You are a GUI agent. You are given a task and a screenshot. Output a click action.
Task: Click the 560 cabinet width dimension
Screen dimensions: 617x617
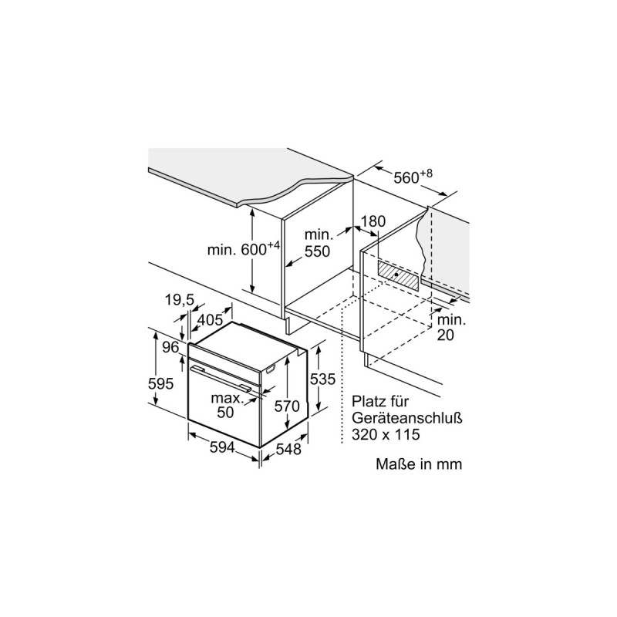pos(413,177)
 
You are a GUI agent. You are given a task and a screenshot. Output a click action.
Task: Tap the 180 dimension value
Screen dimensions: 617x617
pos(373,221)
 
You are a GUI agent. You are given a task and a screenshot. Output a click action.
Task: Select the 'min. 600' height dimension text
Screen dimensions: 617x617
pos(244,249)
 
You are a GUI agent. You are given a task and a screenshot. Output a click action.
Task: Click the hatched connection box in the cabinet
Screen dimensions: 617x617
pos(398,275)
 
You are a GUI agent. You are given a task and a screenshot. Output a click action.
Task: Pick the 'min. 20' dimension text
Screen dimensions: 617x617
pos(451,327)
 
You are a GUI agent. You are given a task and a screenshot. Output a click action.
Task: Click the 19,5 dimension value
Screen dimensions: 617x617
pos(180,300)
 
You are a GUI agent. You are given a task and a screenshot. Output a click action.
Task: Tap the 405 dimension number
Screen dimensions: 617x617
pos(210,320)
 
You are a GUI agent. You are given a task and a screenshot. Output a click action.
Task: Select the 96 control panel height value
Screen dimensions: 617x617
pos(170,348)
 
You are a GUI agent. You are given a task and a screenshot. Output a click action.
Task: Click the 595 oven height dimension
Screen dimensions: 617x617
pos(160,383)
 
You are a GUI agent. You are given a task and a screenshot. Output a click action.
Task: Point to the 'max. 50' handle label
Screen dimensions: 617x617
pos(228,405)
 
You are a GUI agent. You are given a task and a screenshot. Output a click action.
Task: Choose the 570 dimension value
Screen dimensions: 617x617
pos(287,406)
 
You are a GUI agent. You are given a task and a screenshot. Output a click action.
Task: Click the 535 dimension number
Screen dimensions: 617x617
pos(322,379)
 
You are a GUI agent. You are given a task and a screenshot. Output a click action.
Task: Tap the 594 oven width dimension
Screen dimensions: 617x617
pos(222,447)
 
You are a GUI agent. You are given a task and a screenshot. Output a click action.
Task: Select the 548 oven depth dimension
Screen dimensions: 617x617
pos(288,449)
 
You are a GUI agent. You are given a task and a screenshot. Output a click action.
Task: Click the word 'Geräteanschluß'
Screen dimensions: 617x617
pos(407,418)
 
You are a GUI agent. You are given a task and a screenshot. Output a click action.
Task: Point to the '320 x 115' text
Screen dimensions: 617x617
pos(386,434)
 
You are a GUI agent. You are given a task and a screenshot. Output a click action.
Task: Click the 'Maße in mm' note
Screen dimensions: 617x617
pos(419,464)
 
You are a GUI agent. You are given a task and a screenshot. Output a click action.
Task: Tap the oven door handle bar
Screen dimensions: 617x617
pos(221,378)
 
